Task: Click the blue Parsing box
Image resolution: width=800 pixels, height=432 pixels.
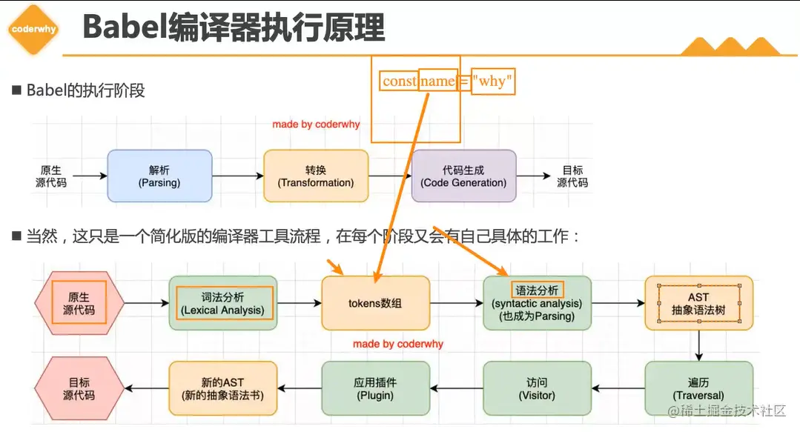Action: (x=159, y=176)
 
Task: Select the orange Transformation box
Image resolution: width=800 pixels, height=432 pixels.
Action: (x=316, y=176)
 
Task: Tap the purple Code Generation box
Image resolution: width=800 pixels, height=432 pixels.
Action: (x=463, y=176)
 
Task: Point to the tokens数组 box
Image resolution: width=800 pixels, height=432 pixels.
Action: (x=375, y=303)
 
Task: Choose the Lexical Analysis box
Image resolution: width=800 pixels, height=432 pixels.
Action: (x=222, y=303)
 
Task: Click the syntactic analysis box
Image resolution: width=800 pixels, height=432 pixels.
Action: (x=537, y=303)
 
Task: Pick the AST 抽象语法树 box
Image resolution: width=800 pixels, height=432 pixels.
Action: (x=698, y=303)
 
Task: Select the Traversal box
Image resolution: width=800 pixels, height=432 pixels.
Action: (x=698, y=388)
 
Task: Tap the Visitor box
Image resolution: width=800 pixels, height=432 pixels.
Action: (x=537, y=388)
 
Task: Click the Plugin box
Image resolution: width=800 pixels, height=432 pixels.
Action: (x=375, y=388)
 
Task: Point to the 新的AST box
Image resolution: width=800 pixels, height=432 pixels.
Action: (x=222, y=388)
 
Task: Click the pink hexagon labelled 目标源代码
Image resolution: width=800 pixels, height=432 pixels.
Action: (x=79, y=388)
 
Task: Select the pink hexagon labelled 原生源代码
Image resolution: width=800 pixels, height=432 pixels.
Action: (x=79, y=303)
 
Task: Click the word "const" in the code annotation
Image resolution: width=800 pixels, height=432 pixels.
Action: (x=399, y=81)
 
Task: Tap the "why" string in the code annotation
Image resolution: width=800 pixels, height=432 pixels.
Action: (x=492, y=81)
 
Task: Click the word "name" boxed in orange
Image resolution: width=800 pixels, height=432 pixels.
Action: (x=437, y=81)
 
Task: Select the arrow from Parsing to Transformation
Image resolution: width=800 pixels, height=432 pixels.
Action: (x=237, y=176)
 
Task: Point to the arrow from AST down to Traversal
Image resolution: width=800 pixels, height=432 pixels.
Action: (x=698, y=345)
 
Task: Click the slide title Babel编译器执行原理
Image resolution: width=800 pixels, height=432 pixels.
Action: (x=234, y=29)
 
